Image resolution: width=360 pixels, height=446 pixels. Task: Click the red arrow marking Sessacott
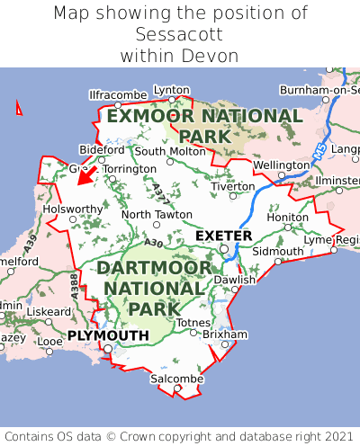pos(85,174)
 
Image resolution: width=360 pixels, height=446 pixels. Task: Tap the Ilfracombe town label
pos(118,94)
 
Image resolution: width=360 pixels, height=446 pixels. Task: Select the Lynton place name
pos(172,90)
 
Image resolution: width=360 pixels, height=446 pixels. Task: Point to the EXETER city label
pos(224,236)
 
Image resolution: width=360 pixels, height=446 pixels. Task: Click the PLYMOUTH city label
pos(108,335)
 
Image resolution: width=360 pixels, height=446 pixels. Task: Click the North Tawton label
pos(157,215)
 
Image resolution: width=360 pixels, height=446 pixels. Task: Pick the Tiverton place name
pos(232,186)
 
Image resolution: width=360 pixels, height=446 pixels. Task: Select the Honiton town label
pos(288,218)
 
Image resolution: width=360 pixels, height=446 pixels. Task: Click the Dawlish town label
pos(235,280)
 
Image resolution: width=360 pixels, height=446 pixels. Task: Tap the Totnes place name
pos(193,323)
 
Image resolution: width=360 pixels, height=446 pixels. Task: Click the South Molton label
pos(170,151)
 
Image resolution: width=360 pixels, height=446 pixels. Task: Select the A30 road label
pos(153,243)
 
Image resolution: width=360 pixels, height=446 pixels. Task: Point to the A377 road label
pos(158,192)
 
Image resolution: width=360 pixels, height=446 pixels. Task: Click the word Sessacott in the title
pos(179,34)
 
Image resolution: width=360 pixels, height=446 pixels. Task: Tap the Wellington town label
pos(281,165)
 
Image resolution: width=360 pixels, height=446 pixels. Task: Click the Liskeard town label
pos(49,311)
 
